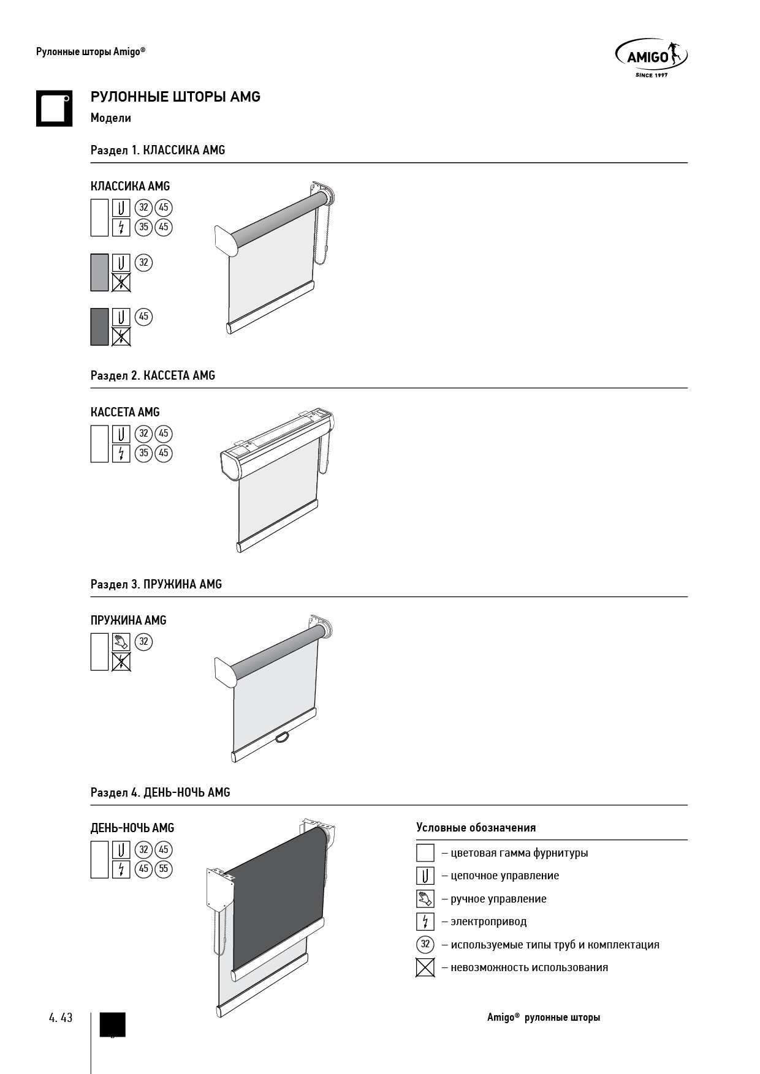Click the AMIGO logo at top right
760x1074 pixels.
[650, 58]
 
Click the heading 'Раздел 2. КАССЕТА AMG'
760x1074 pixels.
[153, 375]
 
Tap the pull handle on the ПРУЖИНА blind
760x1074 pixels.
[283, 737]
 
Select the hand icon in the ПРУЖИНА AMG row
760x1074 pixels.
[121, 642]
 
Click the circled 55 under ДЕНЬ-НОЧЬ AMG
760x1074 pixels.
[163, 869]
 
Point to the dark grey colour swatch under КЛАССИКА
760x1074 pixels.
[99, 327]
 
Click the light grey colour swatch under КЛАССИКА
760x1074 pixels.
[99, 272]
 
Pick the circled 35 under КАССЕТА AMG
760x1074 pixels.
[143, 453]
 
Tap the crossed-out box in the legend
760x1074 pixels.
[425, 967]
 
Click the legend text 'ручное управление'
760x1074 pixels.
[498, 899]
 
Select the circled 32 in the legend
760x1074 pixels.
[425, 944]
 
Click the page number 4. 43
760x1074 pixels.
[61, 1017]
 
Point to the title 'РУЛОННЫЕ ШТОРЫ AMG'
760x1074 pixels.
[175, 97]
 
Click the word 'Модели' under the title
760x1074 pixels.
[111, 118]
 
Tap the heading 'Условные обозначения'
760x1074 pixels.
[476, 828]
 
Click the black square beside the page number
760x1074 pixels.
[113, 1024]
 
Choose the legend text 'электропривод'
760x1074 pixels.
[488, 922]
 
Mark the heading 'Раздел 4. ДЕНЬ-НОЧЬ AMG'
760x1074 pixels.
[160, 792]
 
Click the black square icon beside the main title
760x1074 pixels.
[54, 108]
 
